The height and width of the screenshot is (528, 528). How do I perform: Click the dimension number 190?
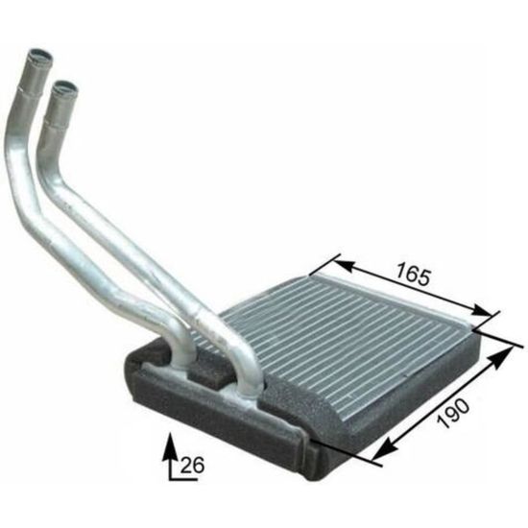(x=453, y=414)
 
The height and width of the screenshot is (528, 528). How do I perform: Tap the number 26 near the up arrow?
(x=193, y=466)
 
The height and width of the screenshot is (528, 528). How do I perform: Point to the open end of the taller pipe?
(x=40, y=56)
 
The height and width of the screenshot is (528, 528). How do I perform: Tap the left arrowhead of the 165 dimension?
(x=344, y=265)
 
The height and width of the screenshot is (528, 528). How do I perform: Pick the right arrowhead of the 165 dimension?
(x=482, y=309)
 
